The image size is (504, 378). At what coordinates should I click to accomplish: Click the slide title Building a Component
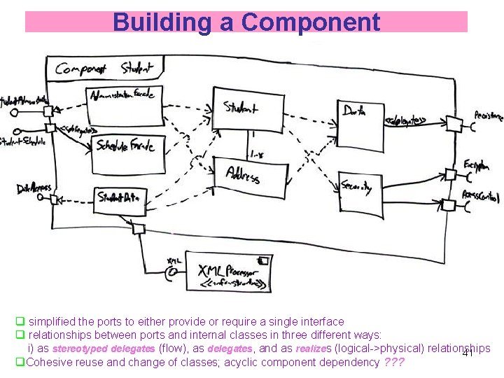pyautogui.click(x=246, y=22)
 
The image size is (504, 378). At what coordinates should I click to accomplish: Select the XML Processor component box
pyautogui.click(x=228, y=271)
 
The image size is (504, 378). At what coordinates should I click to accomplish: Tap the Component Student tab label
pyautogui.click(x=105, y=68)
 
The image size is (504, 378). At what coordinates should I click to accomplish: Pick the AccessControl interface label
pyautogui.click(x=482, y=194)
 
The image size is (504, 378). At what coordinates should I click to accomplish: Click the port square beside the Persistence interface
pyautogui.click(x=453, y=125)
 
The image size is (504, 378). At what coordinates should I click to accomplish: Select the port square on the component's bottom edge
pyautogui.click(x=139, y=227)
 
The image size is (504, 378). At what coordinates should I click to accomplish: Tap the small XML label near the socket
pyautogui.click(x=174, y=260)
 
